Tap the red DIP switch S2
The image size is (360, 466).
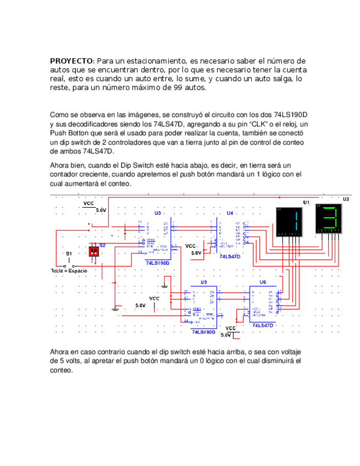[94, 251]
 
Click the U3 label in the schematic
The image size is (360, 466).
[158, 213]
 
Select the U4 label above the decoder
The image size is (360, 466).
[230, 213]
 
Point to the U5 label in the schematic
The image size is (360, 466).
[204, 282]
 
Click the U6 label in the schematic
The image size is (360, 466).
[263, 282]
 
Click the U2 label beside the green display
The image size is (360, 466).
[346, 199]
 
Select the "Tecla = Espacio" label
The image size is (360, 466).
[69, 271]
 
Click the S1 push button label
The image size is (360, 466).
[69, 254]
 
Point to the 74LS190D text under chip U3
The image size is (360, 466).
[158, 263]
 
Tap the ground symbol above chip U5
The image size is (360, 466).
[164, 285]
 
